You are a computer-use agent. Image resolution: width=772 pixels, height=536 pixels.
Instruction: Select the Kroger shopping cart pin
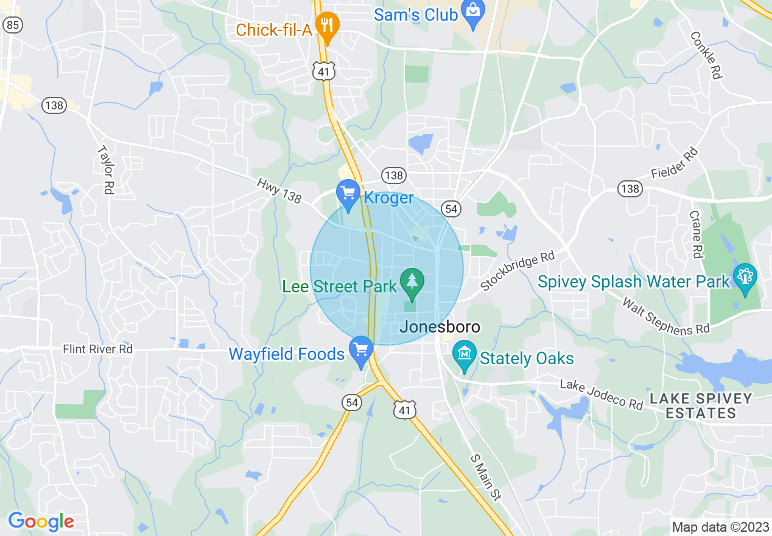click(x=348, y=195)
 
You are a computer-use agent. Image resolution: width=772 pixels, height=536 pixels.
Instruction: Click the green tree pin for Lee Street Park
click(x=412, y=283)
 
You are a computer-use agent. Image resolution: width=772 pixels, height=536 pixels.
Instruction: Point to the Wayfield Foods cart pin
click(x=361, y=351)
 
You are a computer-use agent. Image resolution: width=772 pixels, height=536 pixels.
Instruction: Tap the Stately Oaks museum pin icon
click(x=465, y=354)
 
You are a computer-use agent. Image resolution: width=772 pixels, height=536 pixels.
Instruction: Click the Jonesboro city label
click(x=440, y=327)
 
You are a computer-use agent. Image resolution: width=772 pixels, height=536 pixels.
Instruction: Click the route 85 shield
click(x=12, y=25)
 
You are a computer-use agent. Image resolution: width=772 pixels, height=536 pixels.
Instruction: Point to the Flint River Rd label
click(x=97, y=350)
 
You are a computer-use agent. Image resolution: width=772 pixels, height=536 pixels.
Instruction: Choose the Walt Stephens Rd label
click(x=665, y=316)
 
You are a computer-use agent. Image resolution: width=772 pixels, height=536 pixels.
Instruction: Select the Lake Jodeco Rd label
click(x=602, y=395)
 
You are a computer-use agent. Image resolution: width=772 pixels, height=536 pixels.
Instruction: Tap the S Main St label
click(x=486, y=478)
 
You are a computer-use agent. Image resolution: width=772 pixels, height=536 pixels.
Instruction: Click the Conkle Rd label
click(x=706, y=55)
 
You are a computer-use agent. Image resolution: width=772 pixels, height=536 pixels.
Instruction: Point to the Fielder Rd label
click(x=673, y=164)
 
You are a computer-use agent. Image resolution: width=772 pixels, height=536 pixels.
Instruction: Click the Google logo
click(x=41, y=521)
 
